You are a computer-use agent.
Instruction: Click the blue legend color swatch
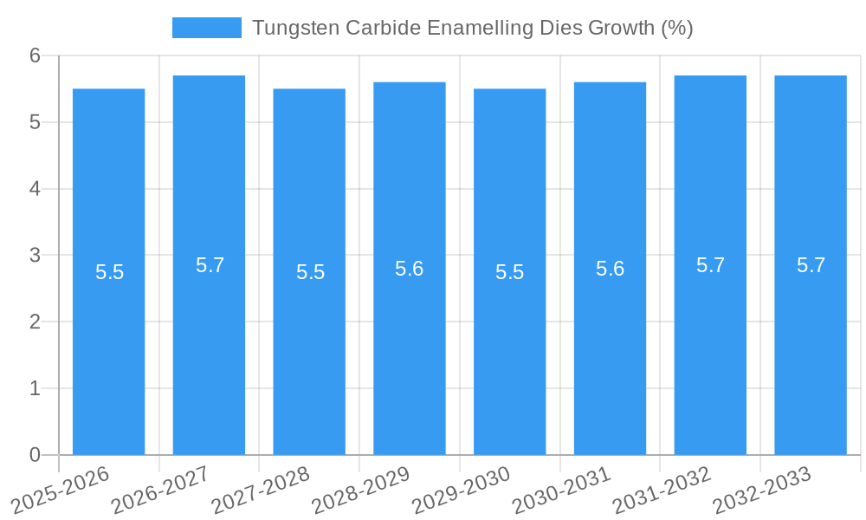207,28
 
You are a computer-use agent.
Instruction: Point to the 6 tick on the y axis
36,55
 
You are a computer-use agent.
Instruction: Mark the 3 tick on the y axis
36,255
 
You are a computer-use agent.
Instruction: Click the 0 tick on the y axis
36,455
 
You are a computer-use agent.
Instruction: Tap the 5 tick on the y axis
36,122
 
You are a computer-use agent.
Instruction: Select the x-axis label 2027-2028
261,490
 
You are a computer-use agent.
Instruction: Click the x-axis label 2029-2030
461,490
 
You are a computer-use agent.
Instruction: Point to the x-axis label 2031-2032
662,490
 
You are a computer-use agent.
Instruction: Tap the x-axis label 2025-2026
60,490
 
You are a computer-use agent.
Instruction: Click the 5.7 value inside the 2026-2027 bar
210,265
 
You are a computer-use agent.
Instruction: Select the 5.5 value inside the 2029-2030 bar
510,272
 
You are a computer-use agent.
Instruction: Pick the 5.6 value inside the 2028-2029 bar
410,269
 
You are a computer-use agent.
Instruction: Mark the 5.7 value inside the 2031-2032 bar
710,265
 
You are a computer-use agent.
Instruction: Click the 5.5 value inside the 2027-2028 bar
310,272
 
